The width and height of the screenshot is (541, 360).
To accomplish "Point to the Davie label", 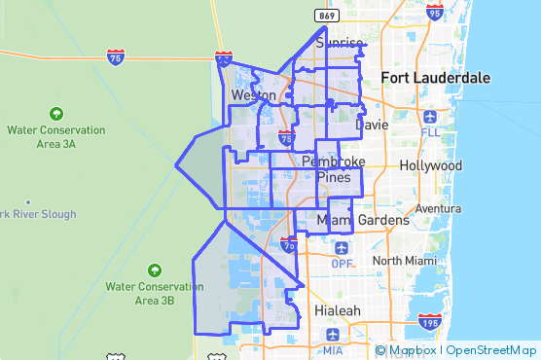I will tap(372, 126).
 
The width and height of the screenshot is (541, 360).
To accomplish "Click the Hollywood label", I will tap(423, 165).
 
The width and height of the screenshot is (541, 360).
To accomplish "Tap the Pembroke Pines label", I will tap(334, 168).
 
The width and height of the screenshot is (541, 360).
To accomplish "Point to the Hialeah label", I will tap(338, 310).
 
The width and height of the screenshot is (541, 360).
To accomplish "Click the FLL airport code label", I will tap(432, 130).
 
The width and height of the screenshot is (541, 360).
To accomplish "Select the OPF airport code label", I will tap(342, 264).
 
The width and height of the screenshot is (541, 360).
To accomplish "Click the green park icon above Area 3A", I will tap(55, 113).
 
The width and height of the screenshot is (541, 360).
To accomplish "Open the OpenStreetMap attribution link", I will tap(491, 350).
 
